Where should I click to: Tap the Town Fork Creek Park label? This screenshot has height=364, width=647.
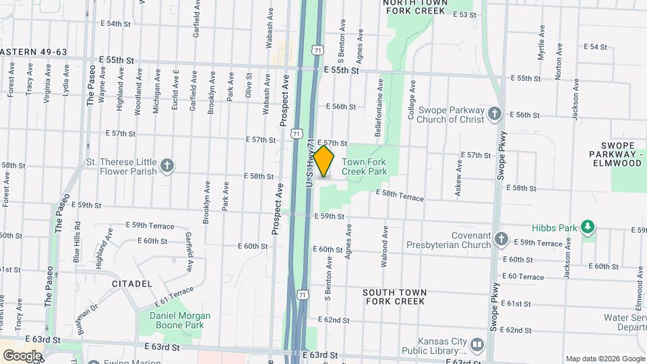point(364,166)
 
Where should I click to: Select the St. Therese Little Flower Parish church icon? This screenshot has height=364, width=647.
point(167,164)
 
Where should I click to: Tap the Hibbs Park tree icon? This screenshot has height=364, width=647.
point(588,226)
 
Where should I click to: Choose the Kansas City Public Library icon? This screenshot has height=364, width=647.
point(477,344)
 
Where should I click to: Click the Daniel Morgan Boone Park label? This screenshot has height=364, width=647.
point(175,320)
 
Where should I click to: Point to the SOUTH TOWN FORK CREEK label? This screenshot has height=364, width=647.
point(394,297)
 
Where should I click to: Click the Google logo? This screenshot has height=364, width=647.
point(22,355)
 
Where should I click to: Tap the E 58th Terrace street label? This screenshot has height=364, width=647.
point(399,195)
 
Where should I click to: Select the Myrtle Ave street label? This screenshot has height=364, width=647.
point(541,44)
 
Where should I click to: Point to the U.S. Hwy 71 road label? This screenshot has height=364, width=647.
point(310,163)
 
